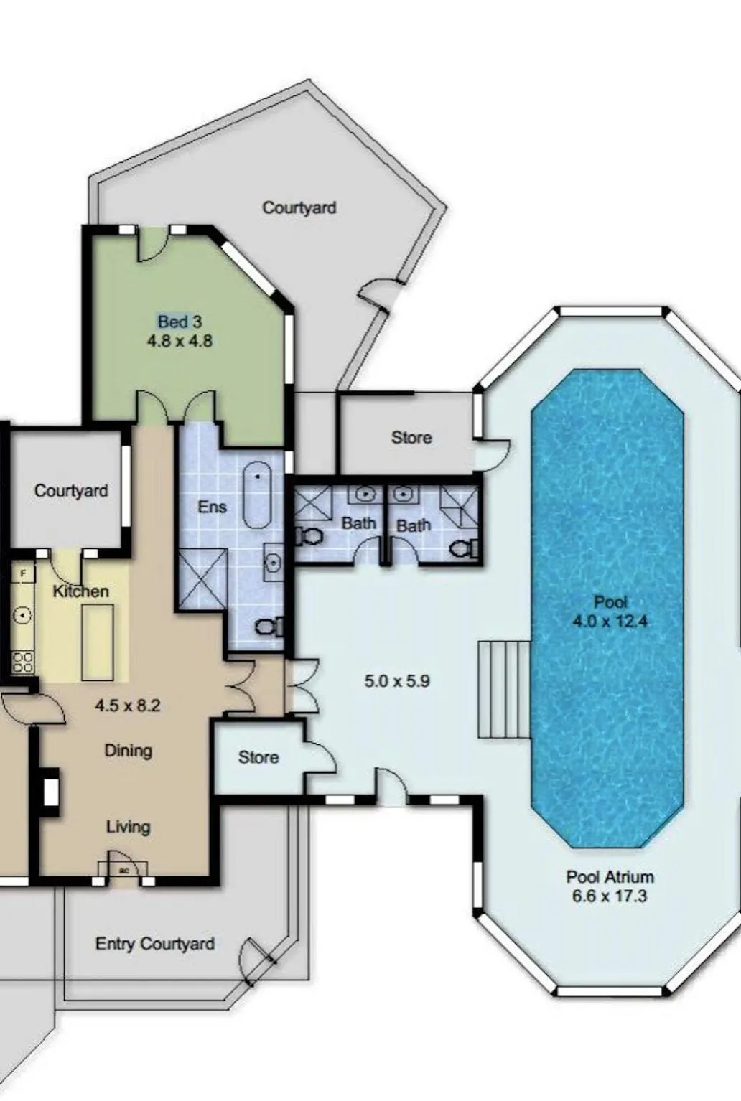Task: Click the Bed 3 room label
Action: coord(180,322)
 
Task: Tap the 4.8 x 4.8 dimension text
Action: coord(180,341)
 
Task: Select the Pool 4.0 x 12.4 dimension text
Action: coord(610,622)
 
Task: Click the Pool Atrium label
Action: coord(610,877)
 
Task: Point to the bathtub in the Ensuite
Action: coord(257,494)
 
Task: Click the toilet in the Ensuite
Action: coord(269,627)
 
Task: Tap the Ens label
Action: coord(213,507)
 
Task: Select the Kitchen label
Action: coord(80,591)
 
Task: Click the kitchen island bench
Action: coord(98,642)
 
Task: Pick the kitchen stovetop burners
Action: coord(22,662)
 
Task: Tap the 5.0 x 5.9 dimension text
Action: coord(397,681)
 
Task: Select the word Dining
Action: coord(129,751)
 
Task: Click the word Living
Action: coord(129,827)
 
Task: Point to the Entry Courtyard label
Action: coord(155,944)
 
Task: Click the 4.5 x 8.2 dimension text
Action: coord(128,706)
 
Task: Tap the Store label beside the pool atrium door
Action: coord(411,437)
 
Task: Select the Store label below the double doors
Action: coord(258,757)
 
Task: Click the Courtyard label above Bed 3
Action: coord(299,208)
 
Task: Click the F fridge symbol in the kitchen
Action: coord(23,573)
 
